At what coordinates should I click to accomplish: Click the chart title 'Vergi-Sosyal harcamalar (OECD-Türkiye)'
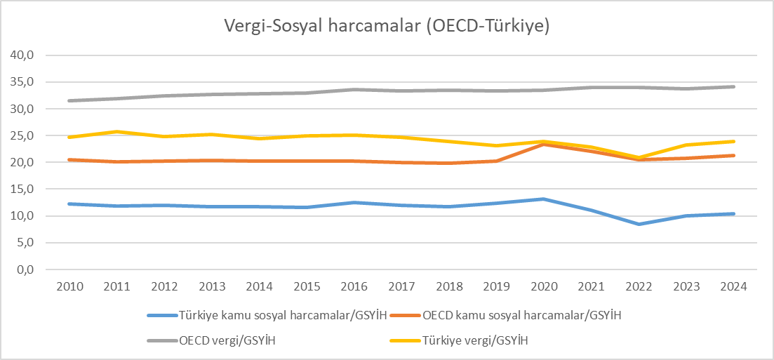[x=386, y=26]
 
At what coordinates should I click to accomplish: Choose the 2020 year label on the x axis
[x=545, y=286]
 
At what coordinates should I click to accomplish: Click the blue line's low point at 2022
[x=639, y=224]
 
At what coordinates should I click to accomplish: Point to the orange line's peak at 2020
[x=545, y=144]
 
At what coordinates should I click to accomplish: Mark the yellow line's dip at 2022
[x=639, y=157]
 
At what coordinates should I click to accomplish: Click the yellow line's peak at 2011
[x=118, y=131]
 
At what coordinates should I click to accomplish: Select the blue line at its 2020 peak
[x=545, y=199]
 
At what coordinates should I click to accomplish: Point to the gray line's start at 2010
[x=70, y=100]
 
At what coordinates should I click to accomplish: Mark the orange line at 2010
[x=70, y=159]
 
